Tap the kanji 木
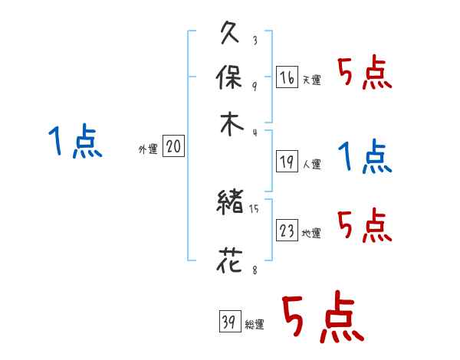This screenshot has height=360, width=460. coord(231,123)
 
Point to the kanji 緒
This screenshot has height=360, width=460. coord(231,204)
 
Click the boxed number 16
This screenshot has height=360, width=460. coord(287,77)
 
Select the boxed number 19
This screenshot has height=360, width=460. coord(287,162)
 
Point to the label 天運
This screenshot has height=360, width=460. coord(312,80)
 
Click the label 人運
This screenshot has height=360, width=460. coord(312,164)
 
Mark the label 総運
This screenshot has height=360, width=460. coord(255,325)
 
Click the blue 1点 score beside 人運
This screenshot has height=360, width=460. coord(364,157)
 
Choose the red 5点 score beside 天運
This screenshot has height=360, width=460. coord(364,74)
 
